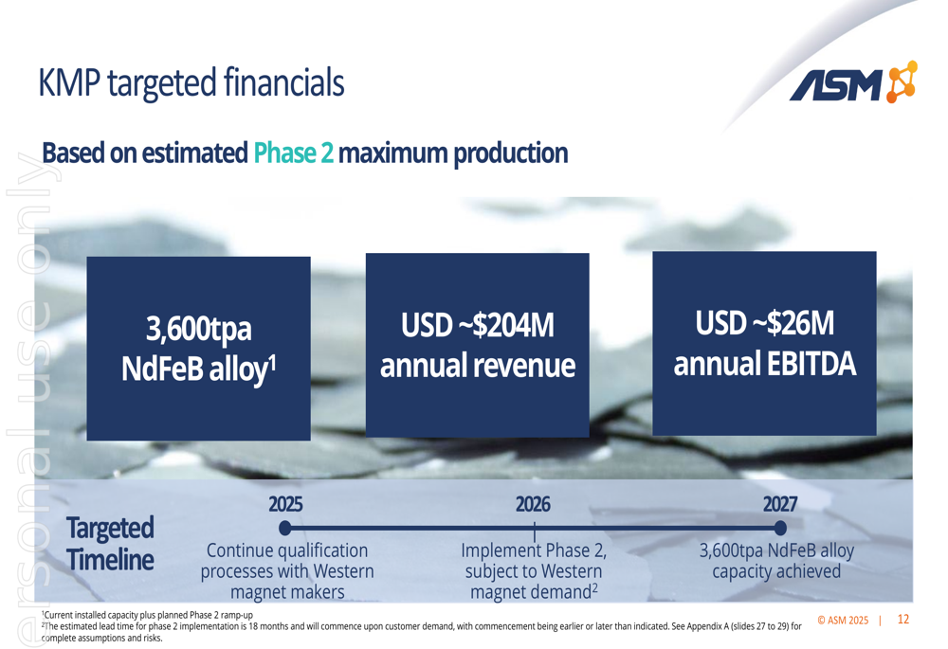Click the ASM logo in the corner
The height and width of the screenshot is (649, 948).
[853, 82]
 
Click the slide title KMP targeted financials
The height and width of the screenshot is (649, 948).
[191, 82]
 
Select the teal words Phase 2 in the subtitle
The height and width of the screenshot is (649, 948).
[293, 153]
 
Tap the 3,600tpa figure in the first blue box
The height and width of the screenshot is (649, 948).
[198, 329]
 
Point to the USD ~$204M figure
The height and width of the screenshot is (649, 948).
[478, 325]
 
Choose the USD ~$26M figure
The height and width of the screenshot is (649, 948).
[765, 323]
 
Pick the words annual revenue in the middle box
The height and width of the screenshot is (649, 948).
[478, 366]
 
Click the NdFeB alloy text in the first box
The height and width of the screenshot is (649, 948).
[198, 369]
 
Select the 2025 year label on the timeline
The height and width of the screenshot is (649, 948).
[285, 504]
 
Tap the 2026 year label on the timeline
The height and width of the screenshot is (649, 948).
[533, 504]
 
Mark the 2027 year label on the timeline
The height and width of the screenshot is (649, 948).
[780, 504]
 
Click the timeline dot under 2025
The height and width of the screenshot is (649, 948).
[285, 528]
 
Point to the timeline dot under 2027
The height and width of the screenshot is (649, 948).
[780, 528]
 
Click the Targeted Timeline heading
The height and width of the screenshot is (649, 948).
[110, 544]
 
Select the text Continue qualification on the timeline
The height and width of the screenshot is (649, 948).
[287, 550]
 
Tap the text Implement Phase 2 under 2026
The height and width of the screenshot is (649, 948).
[533, 550]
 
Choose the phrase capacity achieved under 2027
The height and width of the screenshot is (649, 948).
[776, 571]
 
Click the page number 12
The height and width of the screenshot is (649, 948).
[903, 620]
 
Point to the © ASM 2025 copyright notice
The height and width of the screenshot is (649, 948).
[843, 620]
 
